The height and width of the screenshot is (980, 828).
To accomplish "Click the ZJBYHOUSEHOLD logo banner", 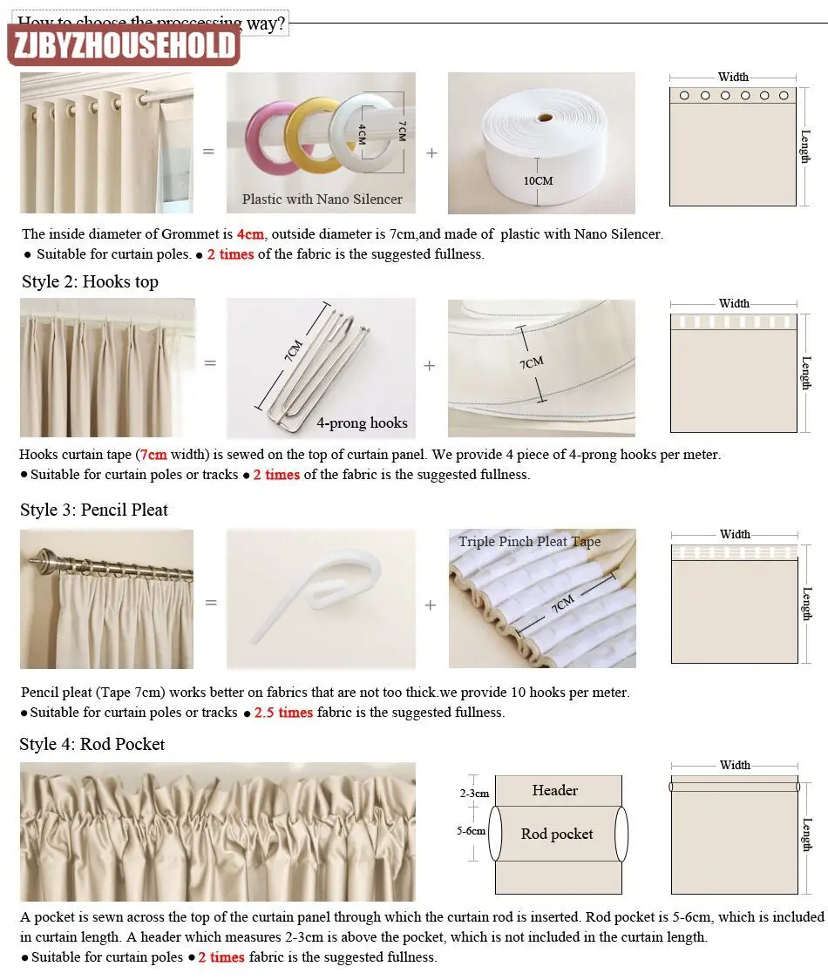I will (x=124, y=44).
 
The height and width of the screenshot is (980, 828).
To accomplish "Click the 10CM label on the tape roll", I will (x=539, y=181).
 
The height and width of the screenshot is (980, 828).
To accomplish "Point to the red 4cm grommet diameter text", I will (x=250, y=234).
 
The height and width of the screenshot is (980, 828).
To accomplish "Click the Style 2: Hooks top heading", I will (x=90, y=281).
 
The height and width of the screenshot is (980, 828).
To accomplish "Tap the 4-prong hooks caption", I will (x=362, y=423).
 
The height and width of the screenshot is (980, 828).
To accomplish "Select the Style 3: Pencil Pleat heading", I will (x=94, y=510).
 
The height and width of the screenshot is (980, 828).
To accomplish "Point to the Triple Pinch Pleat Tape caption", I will (x=530, y=542).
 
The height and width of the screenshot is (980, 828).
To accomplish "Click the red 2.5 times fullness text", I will (x=283, y=713).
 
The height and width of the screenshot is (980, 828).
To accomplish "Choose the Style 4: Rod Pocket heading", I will (x=92, y=744).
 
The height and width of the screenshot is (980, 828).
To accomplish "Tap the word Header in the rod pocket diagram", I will (x=555, y=791).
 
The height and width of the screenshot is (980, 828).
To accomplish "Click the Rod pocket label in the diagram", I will (x=557, y=834).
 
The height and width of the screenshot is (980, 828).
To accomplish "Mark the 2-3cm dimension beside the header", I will (x=474, y=794).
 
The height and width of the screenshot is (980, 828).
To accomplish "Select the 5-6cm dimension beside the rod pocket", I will (x=471, y=831).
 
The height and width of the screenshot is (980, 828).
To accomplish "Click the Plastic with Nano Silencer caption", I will (x=322, y=199).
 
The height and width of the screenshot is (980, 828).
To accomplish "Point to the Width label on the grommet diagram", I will (x=733, y=77).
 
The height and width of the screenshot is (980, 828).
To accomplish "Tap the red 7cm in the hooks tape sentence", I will (x=153, y=455).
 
